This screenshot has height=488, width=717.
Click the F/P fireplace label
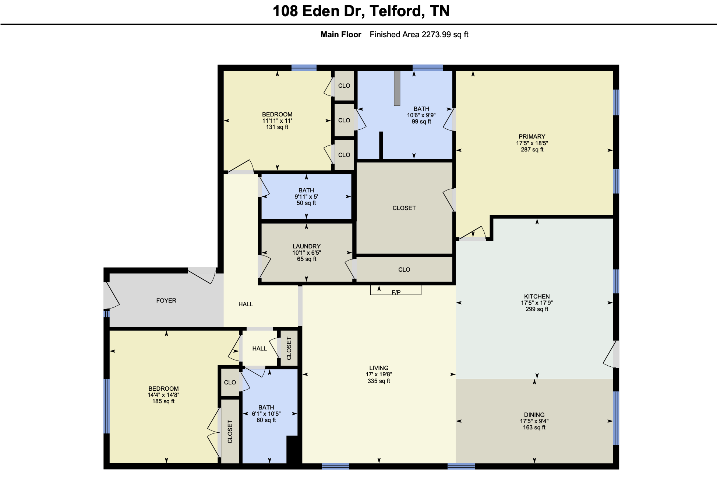[x=396, y=292]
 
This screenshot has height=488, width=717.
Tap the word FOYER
[x=166, y=300]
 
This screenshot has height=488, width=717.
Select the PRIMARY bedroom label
[x=531, y=136]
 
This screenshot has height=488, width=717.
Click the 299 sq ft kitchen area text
[x=537, y=309]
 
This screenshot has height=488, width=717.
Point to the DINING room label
[x=534, y=415]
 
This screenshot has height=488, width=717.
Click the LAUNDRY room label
[x=306, y=246]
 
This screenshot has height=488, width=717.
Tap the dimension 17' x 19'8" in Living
[x=378, y=374]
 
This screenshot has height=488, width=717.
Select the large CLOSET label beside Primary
[x=404, y=208]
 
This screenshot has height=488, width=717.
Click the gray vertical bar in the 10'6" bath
[x=397, y=88]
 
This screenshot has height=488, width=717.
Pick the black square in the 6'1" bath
[x=293, y=449]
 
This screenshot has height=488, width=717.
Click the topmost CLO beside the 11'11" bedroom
[x=344, y=86]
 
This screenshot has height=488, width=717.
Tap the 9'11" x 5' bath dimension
[x=306, y=197]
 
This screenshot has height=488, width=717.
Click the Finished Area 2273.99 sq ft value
[x=419, y=35]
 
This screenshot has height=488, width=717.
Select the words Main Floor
[x=340, y=35]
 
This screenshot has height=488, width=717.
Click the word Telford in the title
[x=396, y=11]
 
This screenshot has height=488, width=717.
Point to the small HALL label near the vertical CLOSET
[x=259, y=348]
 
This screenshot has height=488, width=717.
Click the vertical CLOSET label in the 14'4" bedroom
[x=230, y=432]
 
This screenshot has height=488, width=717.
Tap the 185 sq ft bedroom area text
[x=163, y=401]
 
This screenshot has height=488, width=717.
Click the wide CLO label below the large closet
[x=404, y=269]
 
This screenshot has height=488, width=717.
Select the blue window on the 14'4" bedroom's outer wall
[x=107, y=406]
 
